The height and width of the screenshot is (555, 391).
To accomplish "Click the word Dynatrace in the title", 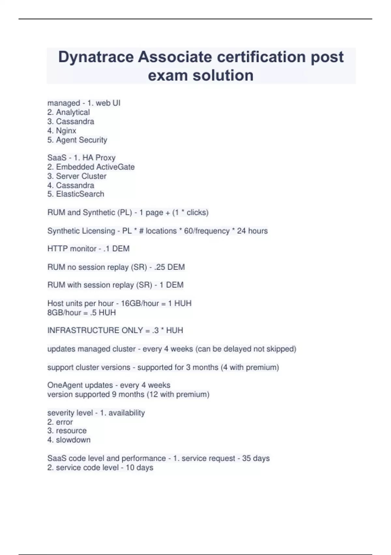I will (x=96, y=57).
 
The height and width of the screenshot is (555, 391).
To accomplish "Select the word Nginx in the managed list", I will (x=66, y=131).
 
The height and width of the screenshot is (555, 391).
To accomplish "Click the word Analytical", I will (x=73, y=112).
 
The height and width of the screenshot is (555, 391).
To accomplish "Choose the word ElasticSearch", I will (x=80, y=194).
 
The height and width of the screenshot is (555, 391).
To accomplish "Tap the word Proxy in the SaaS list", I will (x=105, y=158).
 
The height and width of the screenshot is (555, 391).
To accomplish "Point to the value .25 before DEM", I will (x=157, y=267).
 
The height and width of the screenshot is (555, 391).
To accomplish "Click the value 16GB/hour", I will (x=140, y=303).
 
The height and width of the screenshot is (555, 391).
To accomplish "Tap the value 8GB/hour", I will (x=64, y=312).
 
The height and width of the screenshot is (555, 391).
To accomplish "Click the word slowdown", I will (x=73, y=440).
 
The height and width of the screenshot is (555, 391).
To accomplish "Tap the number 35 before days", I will (x=246, y=458).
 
